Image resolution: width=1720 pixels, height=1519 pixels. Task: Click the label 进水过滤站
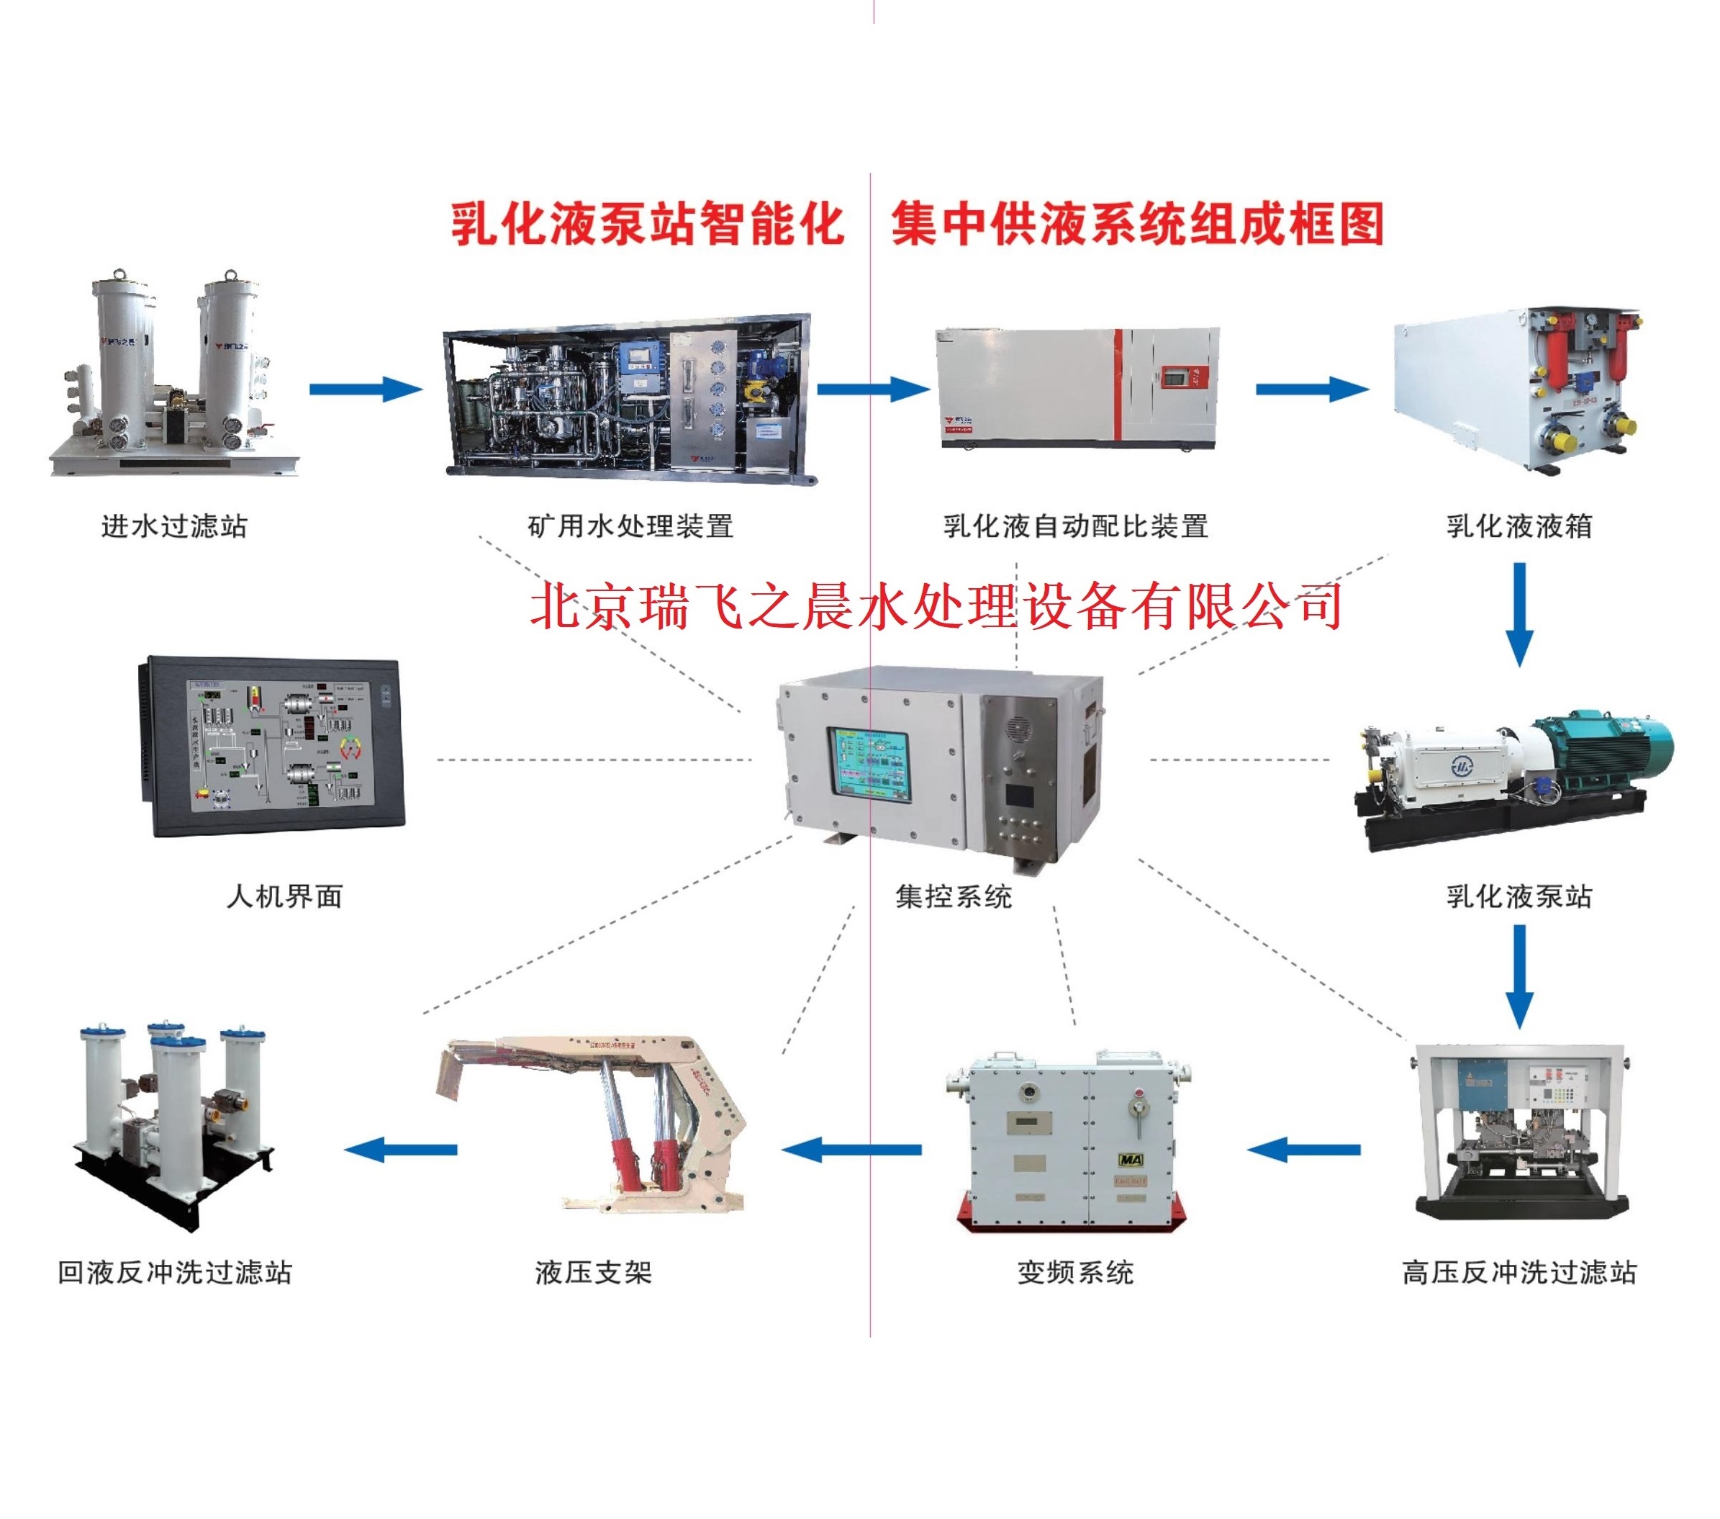174,527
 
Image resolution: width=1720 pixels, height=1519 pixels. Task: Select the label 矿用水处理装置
630,527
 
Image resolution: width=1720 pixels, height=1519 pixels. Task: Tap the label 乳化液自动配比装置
1075,527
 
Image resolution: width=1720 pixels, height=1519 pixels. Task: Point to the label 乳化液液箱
1519,527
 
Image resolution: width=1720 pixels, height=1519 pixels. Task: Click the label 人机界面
284,896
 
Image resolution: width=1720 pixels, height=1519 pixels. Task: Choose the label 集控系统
954,896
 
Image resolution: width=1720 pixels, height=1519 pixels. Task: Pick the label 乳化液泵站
1519,896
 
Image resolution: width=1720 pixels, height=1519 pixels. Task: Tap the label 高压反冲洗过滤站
1519,1272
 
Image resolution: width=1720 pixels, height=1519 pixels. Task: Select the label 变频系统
1075,1272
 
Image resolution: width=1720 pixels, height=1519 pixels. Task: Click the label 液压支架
593,1272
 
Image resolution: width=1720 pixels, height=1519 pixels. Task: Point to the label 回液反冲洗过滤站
174,1272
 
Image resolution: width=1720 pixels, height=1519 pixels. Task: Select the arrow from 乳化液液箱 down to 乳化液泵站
1519,614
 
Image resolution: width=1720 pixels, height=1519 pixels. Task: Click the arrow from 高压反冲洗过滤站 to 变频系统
1303,1150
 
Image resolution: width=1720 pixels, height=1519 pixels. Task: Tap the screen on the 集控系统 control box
871,762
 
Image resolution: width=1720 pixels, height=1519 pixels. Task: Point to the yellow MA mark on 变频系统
1130,1160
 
